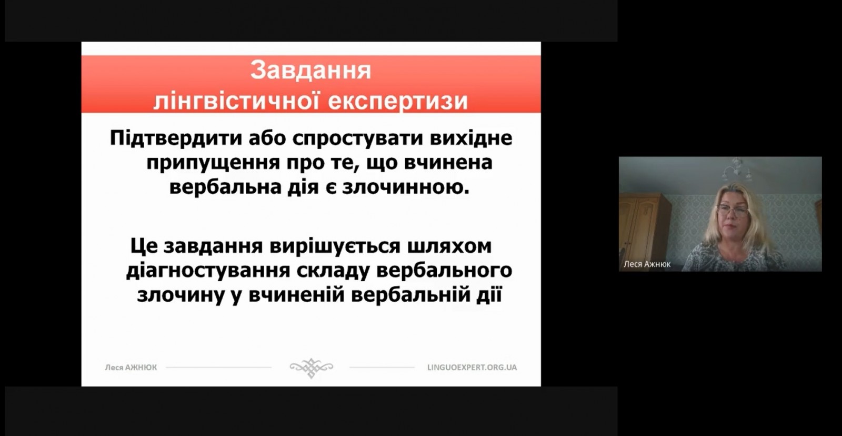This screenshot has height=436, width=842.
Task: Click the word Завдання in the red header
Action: click(310, 70)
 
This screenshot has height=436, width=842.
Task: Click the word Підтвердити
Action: click(176, 139)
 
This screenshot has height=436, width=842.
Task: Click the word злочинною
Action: click(406, 187)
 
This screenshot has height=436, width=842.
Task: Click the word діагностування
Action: click(208, 271)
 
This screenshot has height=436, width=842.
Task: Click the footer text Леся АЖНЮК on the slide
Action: click(131, 368)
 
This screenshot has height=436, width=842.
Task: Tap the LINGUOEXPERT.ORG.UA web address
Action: click(472, 367)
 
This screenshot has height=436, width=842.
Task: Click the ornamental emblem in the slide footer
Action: click(311, 368)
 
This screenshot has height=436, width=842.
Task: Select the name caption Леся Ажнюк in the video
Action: click(647, 264)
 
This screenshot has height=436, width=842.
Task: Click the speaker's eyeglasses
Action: click(732, 211)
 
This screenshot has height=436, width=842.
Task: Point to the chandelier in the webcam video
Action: click(737, 170)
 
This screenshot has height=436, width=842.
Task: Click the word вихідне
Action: click(471, 139)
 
